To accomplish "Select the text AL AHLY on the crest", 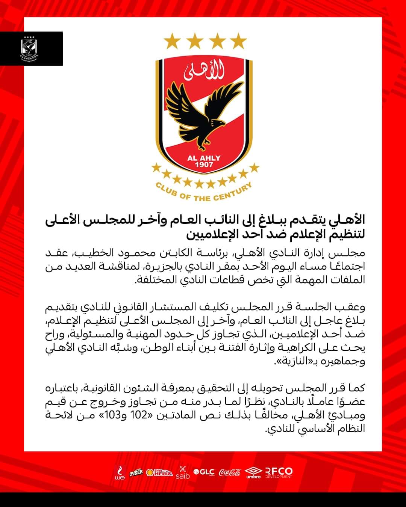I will click(x=204, y=158).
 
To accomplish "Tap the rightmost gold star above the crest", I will click(x=238, y=41).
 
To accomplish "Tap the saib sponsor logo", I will click(x=183, y=473).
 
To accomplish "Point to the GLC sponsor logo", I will click(x=204, y=472).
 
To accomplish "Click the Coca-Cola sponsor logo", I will click(x=230, y=472).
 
